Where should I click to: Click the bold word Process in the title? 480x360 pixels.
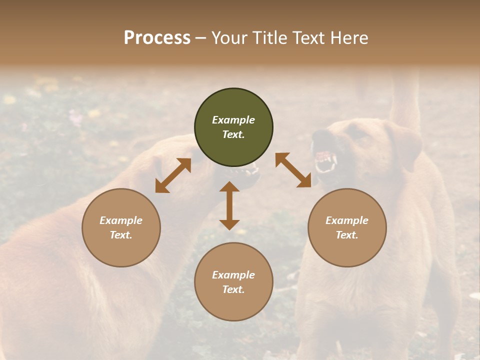click(157, 38)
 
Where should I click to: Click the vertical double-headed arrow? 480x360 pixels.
click(229, 205)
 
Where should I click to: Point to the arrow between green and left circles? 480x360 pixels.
click(173, 175)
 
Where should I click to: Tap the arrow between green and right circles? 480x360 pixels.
click(293, 170)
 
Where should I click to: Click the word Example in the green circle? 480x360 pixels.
click(233, 120)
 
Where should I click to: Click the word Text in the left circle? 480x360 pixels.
click(121, 235)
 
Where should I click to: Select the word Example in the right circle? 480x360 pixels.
click(347, 220)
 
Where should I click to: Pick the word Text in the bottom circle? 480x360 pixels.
click(233, 289)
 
